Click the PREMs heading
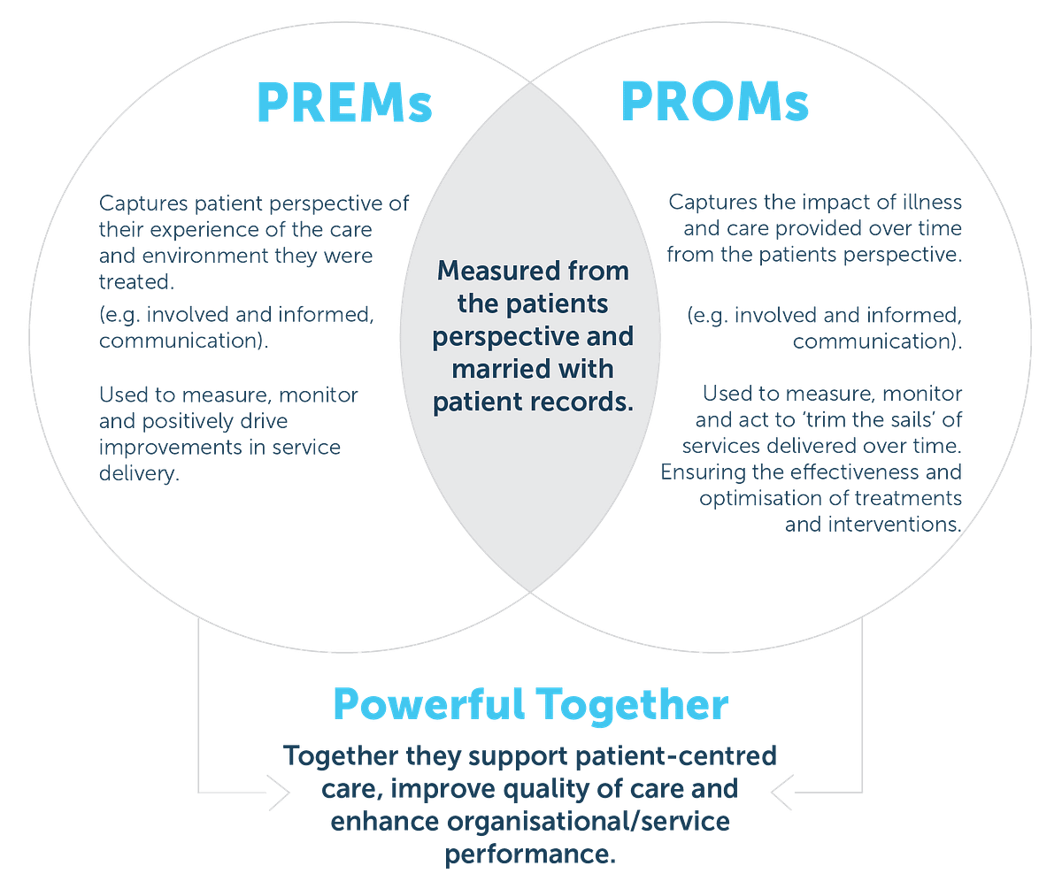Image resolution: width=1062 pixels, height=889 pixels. [344, 103]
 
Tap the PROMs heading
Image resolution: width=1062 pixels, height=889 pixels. [715, 103]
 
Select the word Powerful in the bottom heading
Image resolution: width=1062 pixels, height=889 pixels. [427, 706]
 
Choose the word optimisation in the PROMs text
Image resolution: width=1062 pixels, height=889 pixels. [766, 499]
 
